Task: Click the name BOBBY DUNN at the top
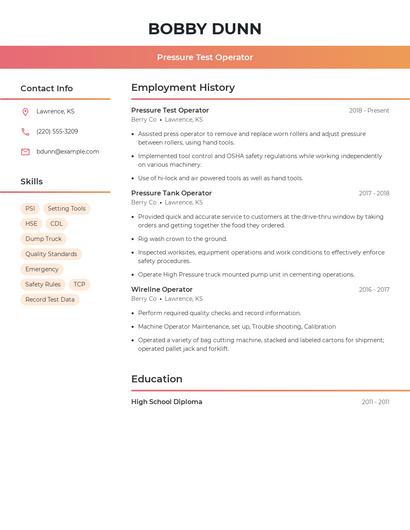tap(205, 29)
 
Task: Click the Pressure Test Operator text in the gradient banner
tap(205, 57)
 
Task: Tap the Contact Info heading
tap(47, 88)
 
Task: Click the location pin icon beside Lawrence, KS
tap(25, 112)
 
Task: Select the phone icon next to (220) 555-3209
tap(25, 132)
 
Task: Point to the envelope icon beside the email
tap(25, 152)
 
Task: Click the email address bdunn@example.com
tap(68, 152)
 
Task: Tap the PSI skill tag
tap(30, 209)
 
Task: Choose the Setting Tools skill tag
tap(67, 209)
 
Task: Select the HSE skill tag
tap(32, 224)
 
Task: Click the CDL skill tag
tap(57, 224)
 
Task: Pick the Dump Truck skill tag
tap(44, 239)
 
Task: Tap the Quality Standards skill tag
tap(51, 254)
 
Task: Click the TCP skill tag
tap(79, 284)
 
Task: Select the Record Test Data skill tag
tap(50, 299)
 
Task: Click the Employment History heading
tap(183, 88)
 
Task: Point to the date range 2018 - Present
tap(369, 111)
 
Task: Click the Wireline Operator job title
tap(162, 289)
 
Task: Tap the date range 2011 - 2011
tap(375, 402)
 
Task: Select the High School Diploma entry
tap(166, 402)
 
